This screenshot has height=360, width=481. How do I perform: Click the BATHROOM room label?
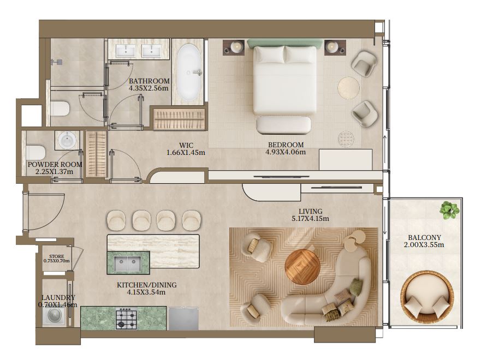tap(149, 81)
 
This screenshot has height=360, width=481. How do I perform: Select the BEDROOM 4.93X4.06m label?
tap(286, 148)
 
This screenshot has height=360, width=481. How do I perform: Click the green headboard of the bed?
tap(286, 43)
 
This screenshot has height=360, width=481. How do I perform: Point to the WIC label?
tap(186, 145)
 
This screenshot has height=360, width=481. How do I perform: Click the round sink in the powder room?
tap(67, 141)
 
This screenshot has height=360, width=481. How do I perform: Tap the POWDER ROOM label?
tap(55, 165)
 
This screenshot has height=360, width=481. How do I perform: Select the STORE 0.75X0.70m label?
tap(57, 259)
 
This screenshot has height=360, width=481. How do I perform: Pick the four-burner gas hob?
tap(126, 319)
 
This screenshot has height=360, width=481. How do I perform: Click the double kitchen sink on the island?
tap(128, 264)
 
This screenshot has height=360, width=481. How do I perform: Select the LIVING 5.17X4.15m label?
tap(311, 215)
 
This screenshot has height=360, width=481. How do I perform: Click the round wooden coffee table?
tap(302, 267)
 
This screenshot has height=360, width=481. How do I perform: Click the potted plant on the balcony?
tap(449, 210)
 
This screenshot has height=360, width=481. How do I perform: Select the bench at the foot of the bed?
tap(283, 125)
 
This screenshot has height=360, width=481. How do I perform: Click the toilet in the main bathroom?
tap(60, 109)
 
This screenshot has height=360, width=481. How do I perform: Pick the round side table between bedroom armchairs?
tap(349, 88)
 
